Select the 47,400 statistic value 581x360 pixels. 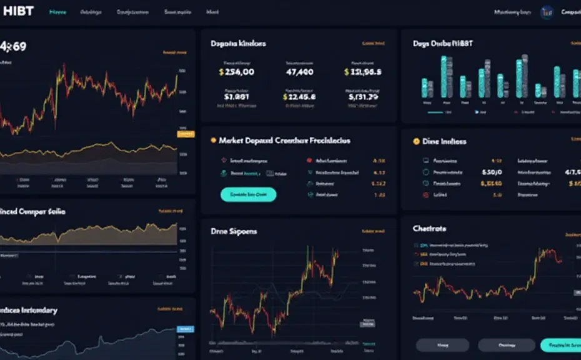click(x=299, y=72)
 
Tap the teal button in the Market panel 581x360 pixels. click(x=248, y=194)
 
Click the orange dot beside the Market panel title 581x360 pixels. click(x=213, y=141)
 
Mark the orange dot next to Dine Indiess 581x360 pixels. click(x=417, y=142)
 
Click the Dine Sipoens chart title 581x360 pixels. click(x=234, y=231)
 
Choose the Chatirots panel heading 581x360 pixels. click(x=429, y=229)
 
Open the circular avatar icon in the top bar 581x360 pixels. click(x=547, y=12)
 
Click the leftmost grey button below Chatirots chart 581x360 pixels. click(x=442, y=345)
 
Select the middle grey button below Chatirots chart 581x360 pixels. click(x=506, y=345)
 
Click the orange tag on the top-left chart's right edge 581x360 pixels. click(x=186, y=133)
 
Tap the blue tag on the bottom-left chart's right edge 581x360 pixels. click(x=186, y=329)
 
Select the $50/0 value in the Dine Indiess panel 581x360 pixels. click(x=492, y=172)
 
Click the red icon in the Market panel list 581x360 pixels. click(x=310, y=160)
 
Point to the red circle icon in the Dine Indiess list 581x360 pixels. click(x=426, y=195)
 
